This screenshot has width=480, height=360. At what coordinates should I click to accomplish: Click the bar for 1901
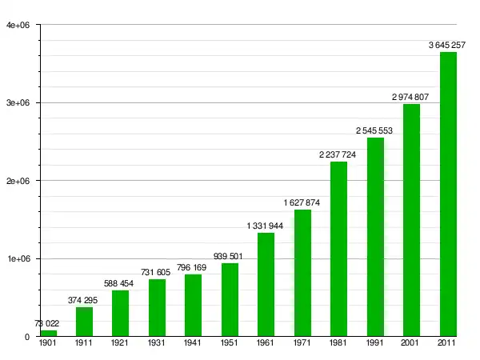click(49, 333)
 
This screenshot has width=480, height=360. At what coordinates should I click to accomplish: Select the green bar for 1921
click(121, 313)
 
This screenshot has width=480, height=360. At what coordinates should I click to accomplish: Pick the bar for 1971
click(302, 273)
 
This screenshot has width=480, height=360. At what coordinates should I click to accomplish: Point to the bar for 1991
click(375, 237)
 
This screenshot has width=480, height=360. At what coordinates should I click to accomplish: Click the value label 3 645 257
click(447, 45)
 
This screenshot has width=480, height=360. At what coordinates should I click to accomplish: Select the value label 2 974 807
click(410, 97)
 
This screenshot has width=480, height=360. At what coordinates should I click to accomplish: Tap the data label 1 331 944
click(266, 226)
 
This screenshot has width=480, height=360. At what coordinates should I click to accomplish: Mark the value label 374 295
click(85, 300)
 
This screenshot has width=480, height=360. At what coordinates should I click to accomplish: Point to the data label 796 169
click(194, 267)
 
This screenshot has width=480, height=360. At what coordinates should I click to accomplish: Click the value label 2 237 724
click(338, 154)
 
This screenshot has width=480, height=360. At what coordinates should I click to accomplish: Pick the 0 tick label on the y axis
click(26, 337)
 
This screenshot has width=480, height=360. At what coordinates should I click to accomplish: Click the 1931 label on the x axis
click(157, 343)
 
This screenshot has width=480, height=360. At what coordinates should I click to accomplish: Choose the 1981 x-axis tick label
click(338, 343)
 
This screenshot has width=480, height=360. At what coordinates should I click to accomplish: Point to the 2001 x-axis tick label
click(410, 343)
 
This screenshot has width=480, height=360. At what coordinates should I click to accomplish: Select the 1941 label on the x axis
click(194, 343)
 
